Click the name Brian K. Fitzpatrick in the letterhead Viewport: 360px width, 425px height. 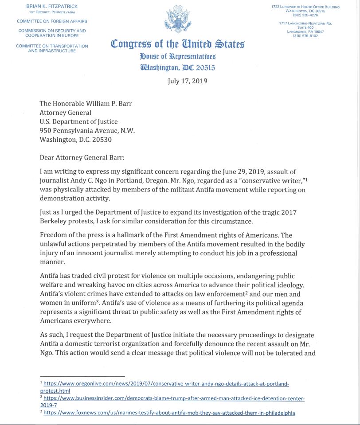tap(51, 7)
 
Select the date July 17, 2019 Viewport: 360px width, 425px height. tap(187, 81)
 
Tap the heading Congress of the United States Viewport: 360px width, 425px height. tap(177, 44)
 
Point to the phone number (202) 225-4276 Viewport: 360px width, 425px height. tap(305, 15)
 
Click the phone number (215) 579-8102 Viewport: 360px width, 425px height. tap(305, 36)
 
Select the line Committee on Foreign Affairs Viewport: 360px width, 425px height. tap(52, 21)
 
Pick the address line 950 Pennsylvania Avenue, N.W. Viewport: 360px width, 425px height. tap(87, 130)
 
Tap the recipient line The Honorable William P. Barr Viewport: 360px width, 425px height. tap(86, 104)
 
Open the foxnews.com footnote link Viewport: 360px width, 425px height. tap(169, 413)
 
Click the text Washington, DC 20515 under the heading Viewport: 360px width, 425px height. tap(177, 68)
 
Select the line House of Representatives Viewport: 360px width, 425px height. tap(177, 57)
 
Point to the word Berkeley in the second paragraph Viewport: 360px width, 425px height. tap(55, 221)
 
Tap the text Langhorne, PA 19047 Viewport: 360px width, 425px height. tap(305, 32)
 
